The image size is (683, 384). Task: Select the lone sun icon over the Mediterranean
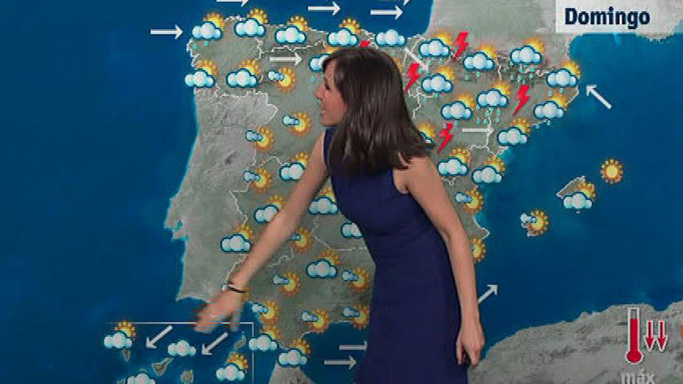(611, 172)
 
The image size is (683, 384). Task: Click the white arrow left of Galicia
(166, 32)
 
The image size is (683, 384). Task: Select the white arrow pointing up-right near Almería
(488, 294)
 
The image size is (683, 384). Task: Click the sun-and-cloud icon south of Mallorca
(534, 222)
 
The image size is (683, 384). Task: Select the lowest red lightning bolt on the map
(446, 137)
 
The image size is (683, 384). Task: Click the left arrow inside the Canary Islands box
(159, 336)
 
